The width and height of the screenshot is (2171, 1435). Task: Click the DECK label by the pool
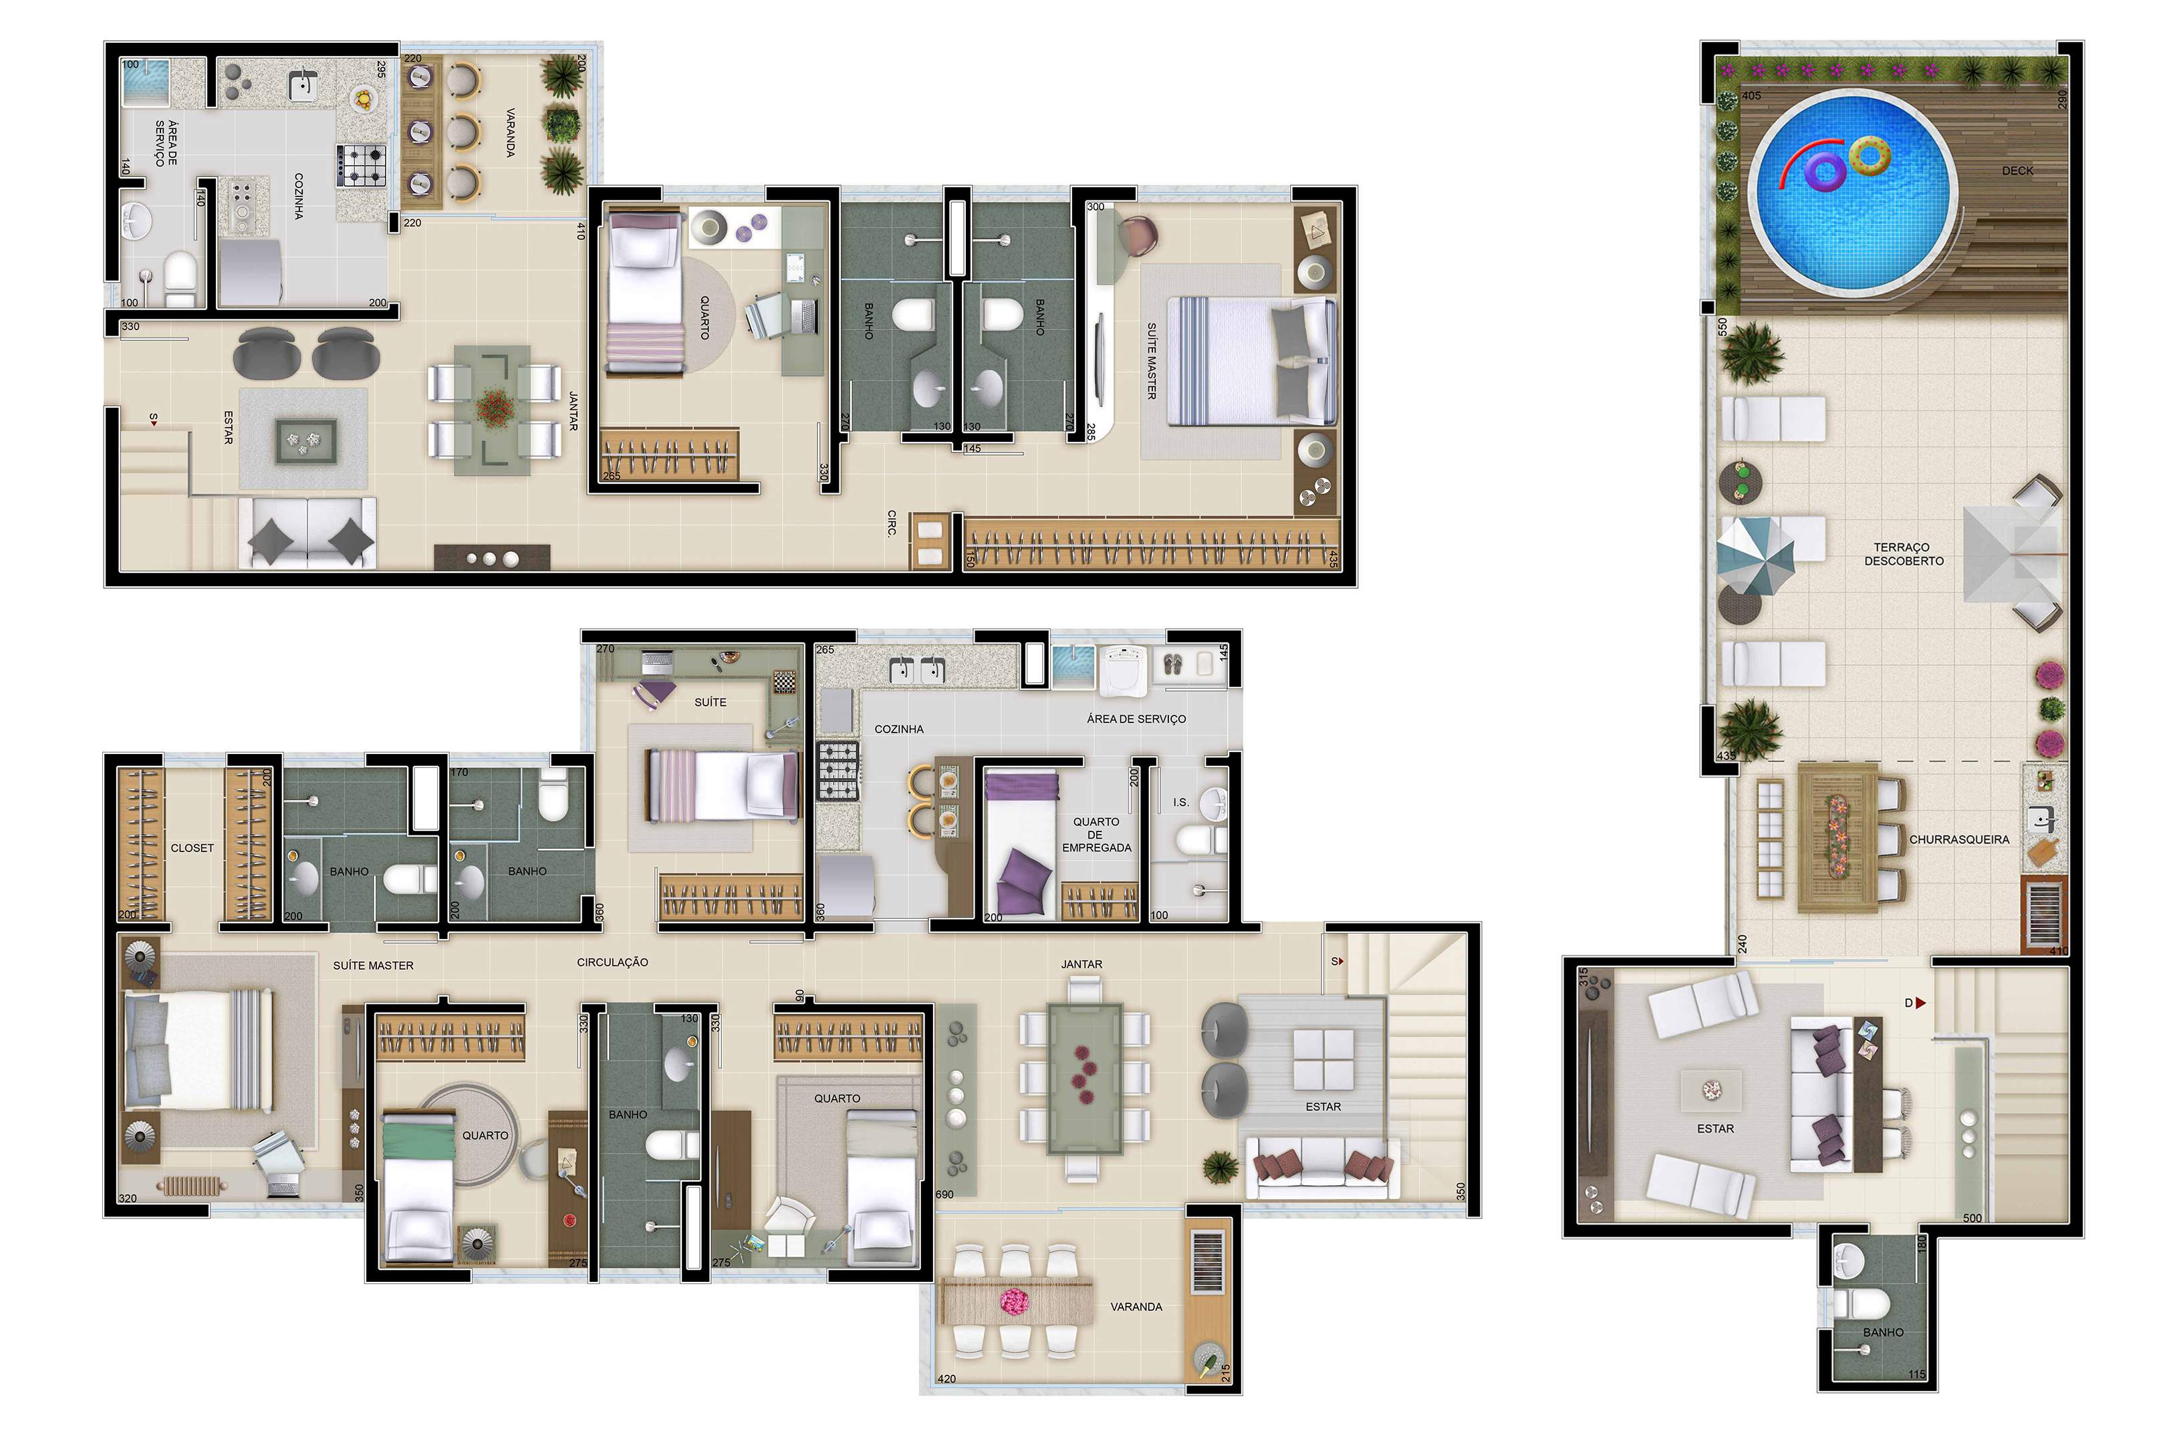coord(2017,171)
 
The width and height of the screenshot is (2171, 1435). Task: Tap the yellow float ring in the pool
coord(1869,156)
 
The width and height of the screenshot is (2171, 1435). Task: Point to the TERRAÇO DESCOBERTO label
coord(1904,553)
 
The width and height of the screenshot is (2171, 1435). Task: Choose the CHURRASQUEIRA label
coord(1958,839)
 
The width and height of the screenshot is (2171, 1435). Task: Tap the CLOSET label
coord(193,848)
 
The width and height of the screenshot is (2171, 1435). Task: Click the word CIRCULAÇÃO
coord(612,962)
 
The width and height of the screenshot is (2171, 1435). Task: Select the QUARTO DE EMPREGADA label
coord(1096,835)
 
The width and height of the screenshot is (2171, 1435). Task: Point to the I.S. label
coord(1180,803)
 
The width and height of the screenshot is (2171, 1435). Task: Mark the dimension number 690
coord(944,1194)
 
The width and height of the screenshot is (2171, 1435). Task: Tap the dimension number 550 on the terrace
coord(1722,327)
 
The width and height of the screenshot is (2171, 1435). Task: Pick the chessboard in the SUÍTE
coord(784,682)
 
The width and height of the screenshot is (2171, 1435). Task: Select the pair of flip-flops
coord(1172,664)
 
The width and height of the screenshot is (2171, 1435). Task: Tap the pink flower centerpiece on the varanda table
coord(1014,1301)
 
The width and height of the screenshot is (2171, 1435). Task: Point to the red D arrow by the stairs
coord(1920,1003)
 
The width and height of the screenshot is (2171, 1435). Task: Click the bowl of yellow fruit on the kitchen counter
coord(364,98)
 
